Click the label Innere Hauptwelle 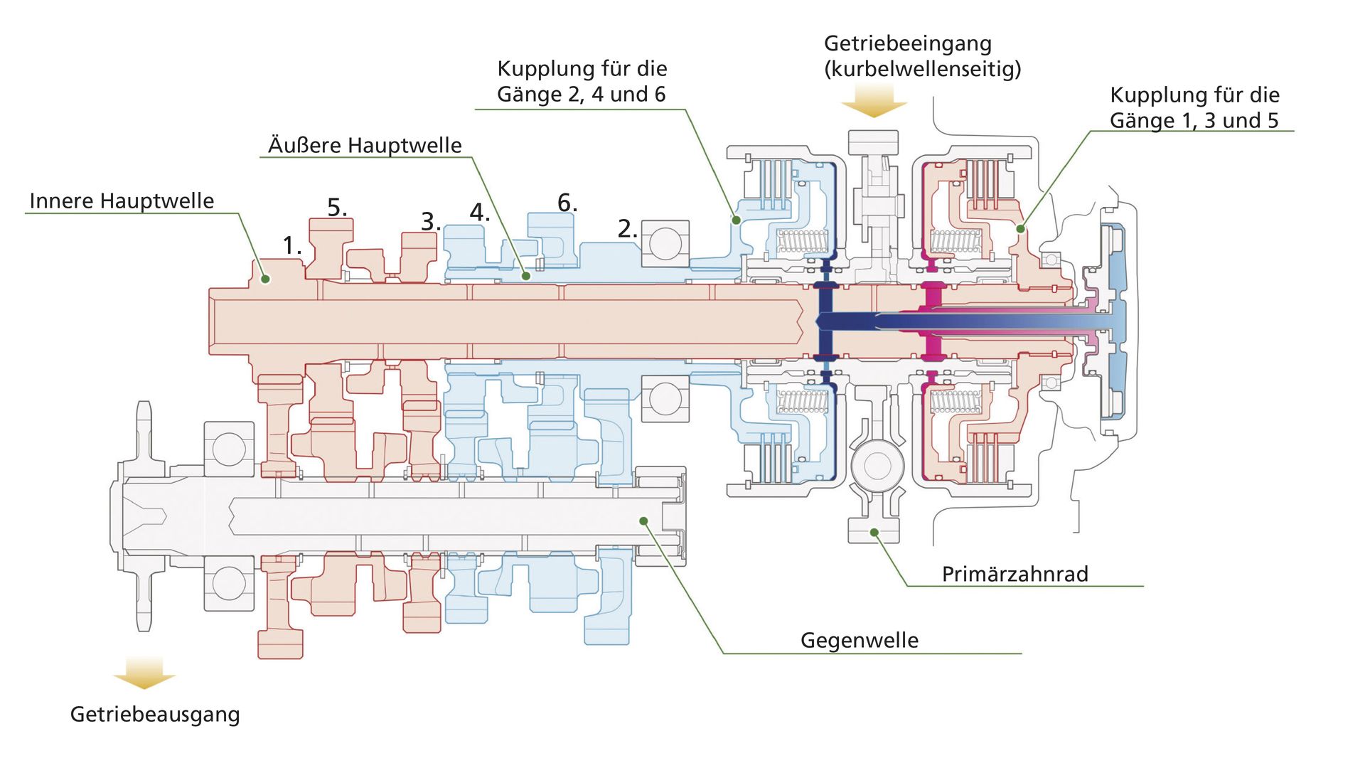122,201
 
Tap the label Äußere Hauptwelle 365,145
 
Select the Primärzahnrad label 1015,574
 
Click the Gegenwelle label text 860,640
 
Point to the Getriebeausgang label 155,714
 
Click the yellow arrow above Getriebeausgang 144,673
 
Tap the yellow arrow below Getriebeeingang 874,100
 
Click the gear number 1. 291,245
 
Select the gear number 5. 337,207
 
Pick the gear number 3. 431,221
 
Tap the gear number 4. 479,212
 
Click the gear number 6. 567,203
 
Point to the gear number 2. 627,228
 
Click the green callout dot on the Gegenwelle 643,521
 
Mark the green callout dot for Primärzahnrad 874,532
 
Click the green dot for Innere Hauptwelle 265,279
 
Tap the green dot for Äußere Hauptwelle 526,276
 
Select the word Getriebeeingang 908,43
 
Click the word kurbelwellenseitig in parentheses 923,69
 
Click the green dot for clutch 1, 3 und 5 1020,228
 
